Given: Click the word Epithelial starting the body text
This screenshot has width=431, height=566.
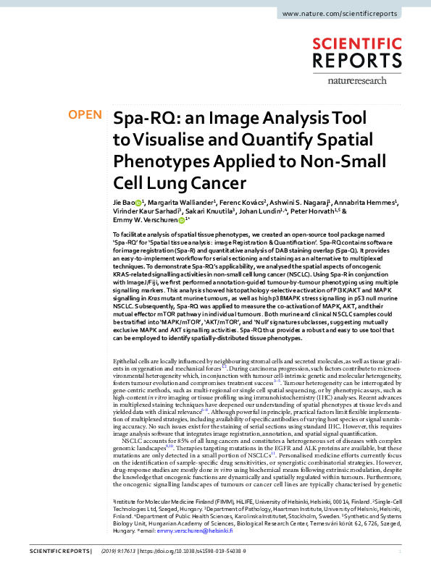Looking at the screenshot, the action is click(127, 360).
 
